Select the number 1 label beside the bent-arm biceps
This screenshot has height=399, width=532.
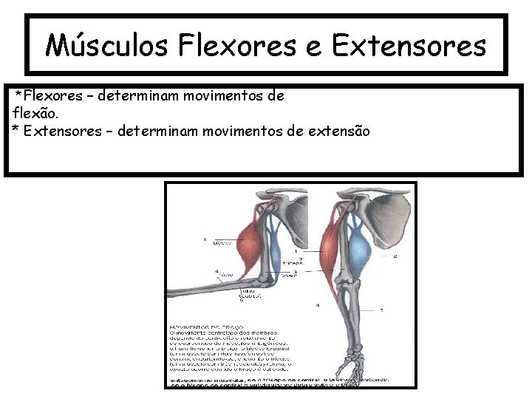205,239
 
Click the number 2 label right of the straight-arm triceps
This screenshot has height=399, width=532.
395,255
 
